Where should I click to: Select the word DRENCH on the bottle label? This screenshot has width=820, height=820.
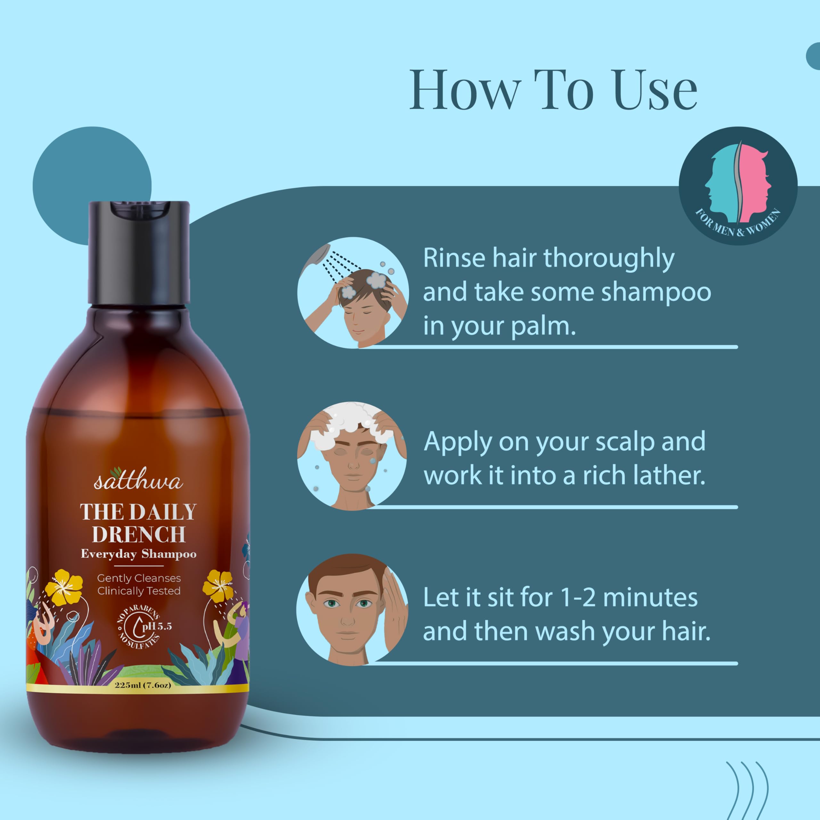(x=139, y=534)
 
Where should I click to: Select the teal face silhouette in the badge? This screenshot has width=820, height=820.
(x=722, y=187)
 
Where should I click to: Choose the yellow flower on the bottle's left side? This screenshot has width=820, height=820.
(x=64, y=587)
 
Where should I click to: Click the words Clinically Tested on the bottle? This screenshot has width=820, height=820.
(x=139, y=591)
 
